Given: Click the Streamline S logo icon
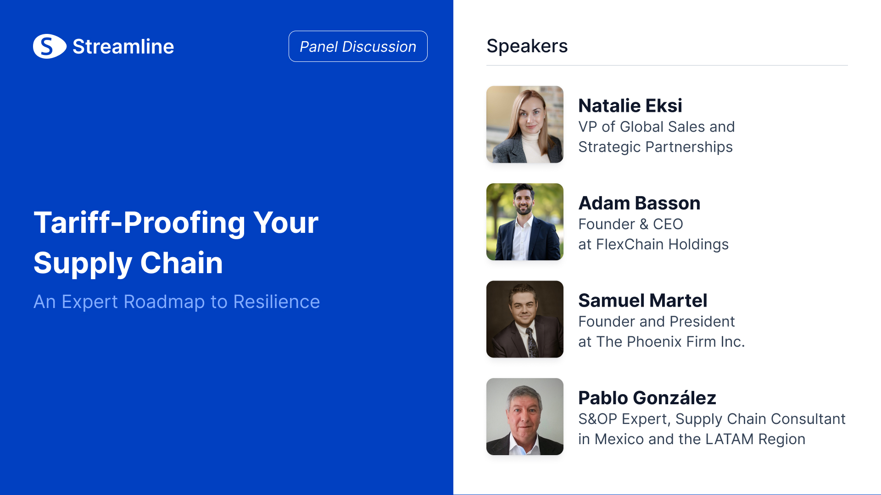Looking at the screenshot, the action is point(50,46).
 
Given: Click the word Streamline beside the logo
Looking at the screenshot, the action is point(123,47).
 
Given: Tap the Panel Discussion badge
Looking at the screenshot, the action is point(358,46).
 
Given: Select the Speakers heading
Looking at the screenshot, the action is point(527,46).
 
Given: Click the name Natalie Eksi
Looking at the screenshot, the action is point(630,105).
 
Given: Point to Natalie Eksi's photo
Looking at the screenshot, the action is point(525,124).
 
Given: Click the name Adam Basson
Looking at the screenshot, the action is point(639,203).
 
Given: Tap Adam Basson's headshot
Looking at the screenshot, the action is point(525,222).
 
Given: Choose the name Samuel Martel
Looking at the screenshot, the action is point(642,300).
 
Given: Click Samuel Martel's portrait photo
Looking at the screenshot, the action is point(525,319).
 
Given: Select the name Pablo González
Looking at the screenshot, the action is point(647,397).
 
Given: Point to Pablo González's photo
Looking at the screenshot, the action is point(525,417).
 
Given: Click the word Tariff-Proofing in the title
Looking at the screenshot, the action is point(139,223).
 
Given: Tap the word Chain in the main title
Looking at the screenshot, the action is point(181,263).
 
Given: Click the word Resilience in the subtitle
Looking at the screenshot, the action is point(276,302).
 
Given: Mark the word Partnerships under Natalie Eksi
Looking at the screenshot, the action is point(689,147).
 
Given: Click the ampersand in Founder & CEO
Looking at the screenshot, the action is point(644,224).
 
